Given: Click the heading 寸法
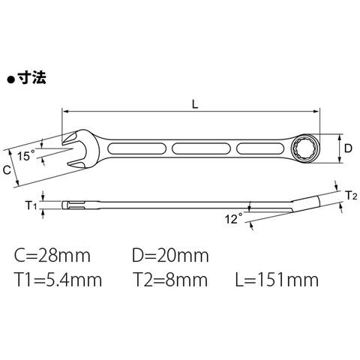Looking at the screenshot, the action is click(32, 77).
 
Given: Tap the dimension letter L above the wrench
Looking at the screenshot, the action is click(195, 104).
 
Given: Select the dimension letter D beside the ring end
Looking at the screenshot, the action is click(348, 148).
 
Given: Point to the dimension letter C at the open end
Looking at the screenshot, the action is click(7, 170).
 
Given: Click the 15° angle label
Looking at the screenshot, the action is click(26, 156).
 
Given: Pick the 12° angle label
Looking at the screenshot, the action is click(233, 218).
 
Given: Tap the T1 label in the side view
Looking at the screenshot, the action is click(31, 205).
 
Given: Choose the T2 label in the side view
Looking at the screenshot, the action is click(352, 196).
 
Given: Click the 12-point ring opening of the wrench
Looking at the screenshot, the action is click(304, 148).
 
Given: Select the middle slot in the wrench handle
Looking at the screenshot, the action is click(201, 148).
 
